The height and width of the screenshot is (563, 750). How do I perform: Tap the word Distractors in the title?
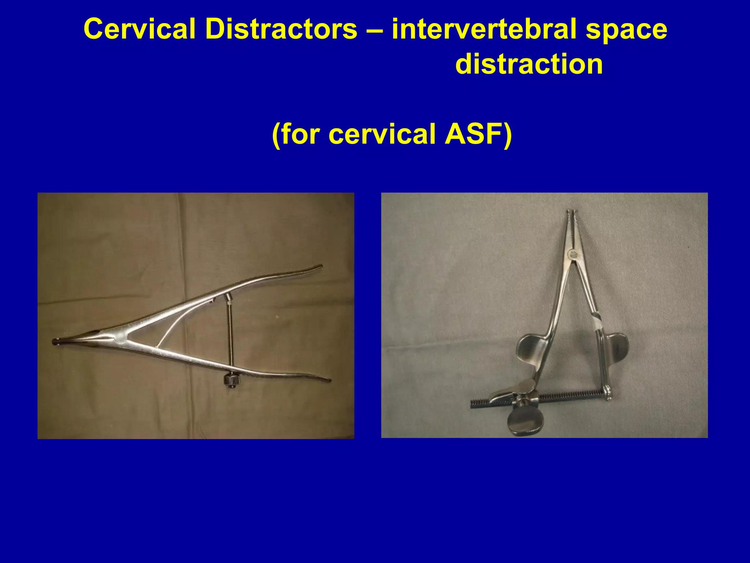coord(281,29)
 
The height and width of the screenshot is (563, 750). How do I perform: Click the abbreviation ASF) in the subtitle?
coord(478,134)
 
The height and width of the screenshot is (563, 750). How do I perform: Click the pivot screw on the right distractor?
coord(572,253)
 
